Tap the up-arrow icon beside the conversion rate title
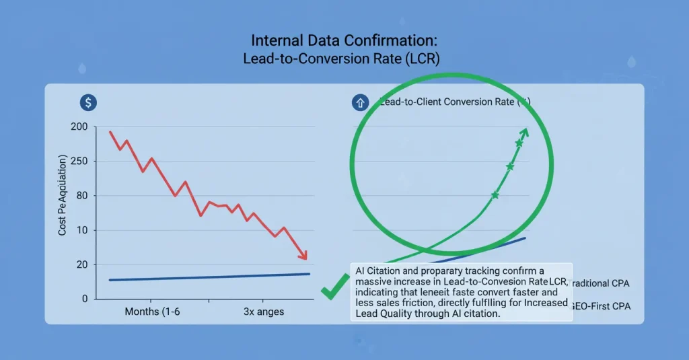pos(359,103)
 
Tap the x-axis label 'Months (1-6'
pos(152,312)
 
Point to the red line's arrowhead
pos(303,256)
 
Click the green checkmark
pos(334,289)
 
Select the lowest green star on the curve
pos(495,195)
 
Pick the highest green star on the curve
pos(519,143)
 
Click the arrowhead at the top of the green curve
pos(525,131)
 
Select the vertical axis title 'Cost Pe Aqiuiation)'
pos(63,195)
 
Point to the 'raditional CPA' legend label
pos(605,283)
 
